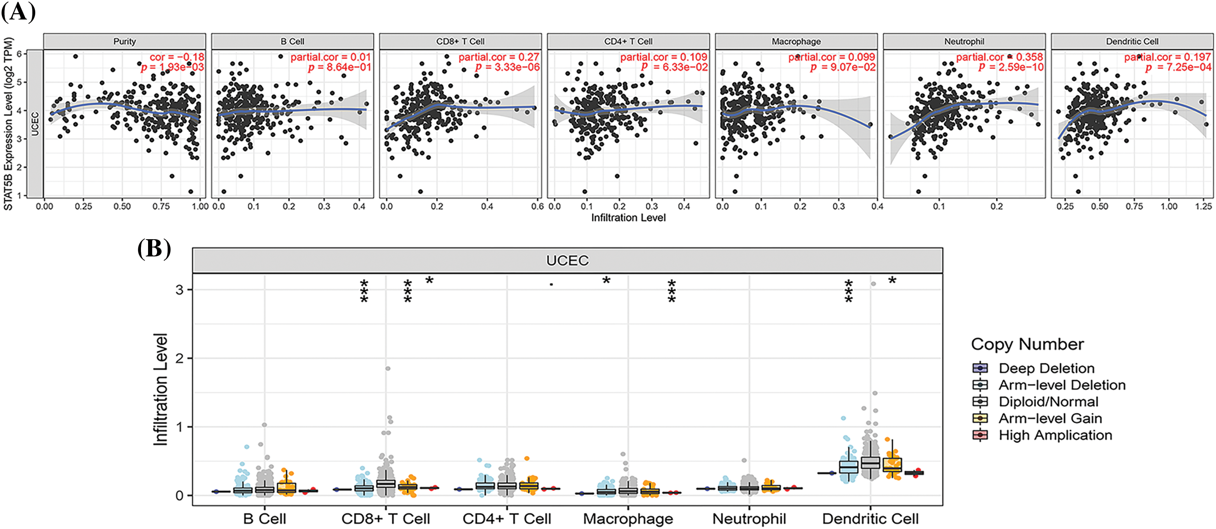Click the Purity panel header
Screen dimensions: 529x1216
(124, 42)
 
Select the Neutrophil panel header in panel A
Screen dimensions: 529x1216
(964, 42)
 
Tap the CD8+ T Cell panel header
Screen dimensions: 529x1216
(460, 42)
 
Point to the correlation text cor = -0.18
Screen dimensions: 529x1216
(177, 57)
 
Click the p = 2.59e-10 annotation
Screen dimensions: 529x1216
(1011, 67)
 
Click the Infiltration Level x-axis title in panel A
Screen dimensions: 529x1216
(628, 218)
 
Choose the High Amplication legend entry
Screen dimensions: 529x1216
(1055, 435)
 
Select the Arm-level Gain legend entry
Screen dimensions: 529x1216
(1050, 418)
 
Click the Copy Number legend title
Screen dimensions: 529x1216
(1027, 344)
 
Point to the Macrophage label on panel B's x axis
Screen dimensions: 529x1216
(628, 519)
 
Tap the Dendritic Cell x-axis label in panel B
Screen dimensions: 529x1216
(870, 519)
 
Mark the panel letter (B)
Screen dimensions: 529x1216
(154, 249)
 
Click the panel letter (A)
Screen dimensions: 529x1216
(18, 12)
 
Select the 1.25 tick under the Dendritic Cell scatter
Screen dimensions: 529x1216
(1203, 207)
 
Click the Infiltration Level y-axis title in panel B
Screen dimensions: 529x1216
(161, 390)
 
